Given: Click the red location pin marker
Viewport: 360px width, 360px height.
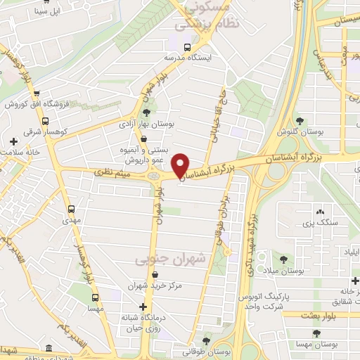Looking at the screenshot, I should point(181,165).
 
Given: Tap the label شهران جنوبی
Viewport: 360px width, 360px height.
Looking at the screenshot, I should point(172,259).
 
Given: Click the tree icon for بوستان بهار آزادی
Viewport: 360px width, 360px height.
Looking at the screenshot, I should point(146,112).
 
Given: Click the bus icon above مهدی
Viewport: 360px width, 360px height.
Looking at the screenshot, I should point(71,209).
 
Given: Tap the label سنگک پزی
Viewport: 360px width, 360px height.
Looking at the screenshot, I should point(316,223).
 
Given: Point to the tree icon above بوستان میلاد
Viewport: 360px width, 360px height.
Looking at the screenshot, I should point(283,258).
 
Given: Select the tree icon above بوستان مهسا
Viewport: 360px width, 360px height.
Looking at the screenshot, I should point(316,334).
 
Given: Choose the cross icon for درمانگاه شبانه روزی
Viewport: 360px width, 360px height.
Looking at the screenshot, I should point(143,307).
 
